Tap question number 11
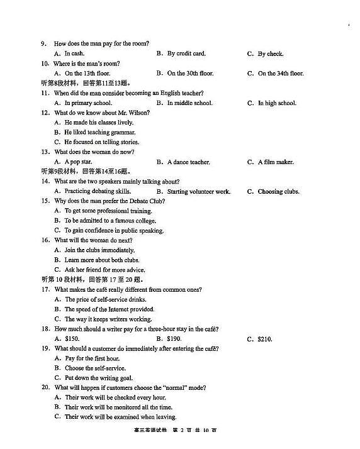[45, 93]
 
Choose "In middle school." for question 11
[189, 103]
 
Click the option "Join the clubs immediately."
[99, 250]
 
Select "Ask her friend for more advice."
[104, 270]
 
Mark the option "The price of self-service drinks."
[110, 299]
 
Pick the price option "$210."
[265, 339]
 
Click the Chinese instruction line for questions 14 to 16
[85, 172]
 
